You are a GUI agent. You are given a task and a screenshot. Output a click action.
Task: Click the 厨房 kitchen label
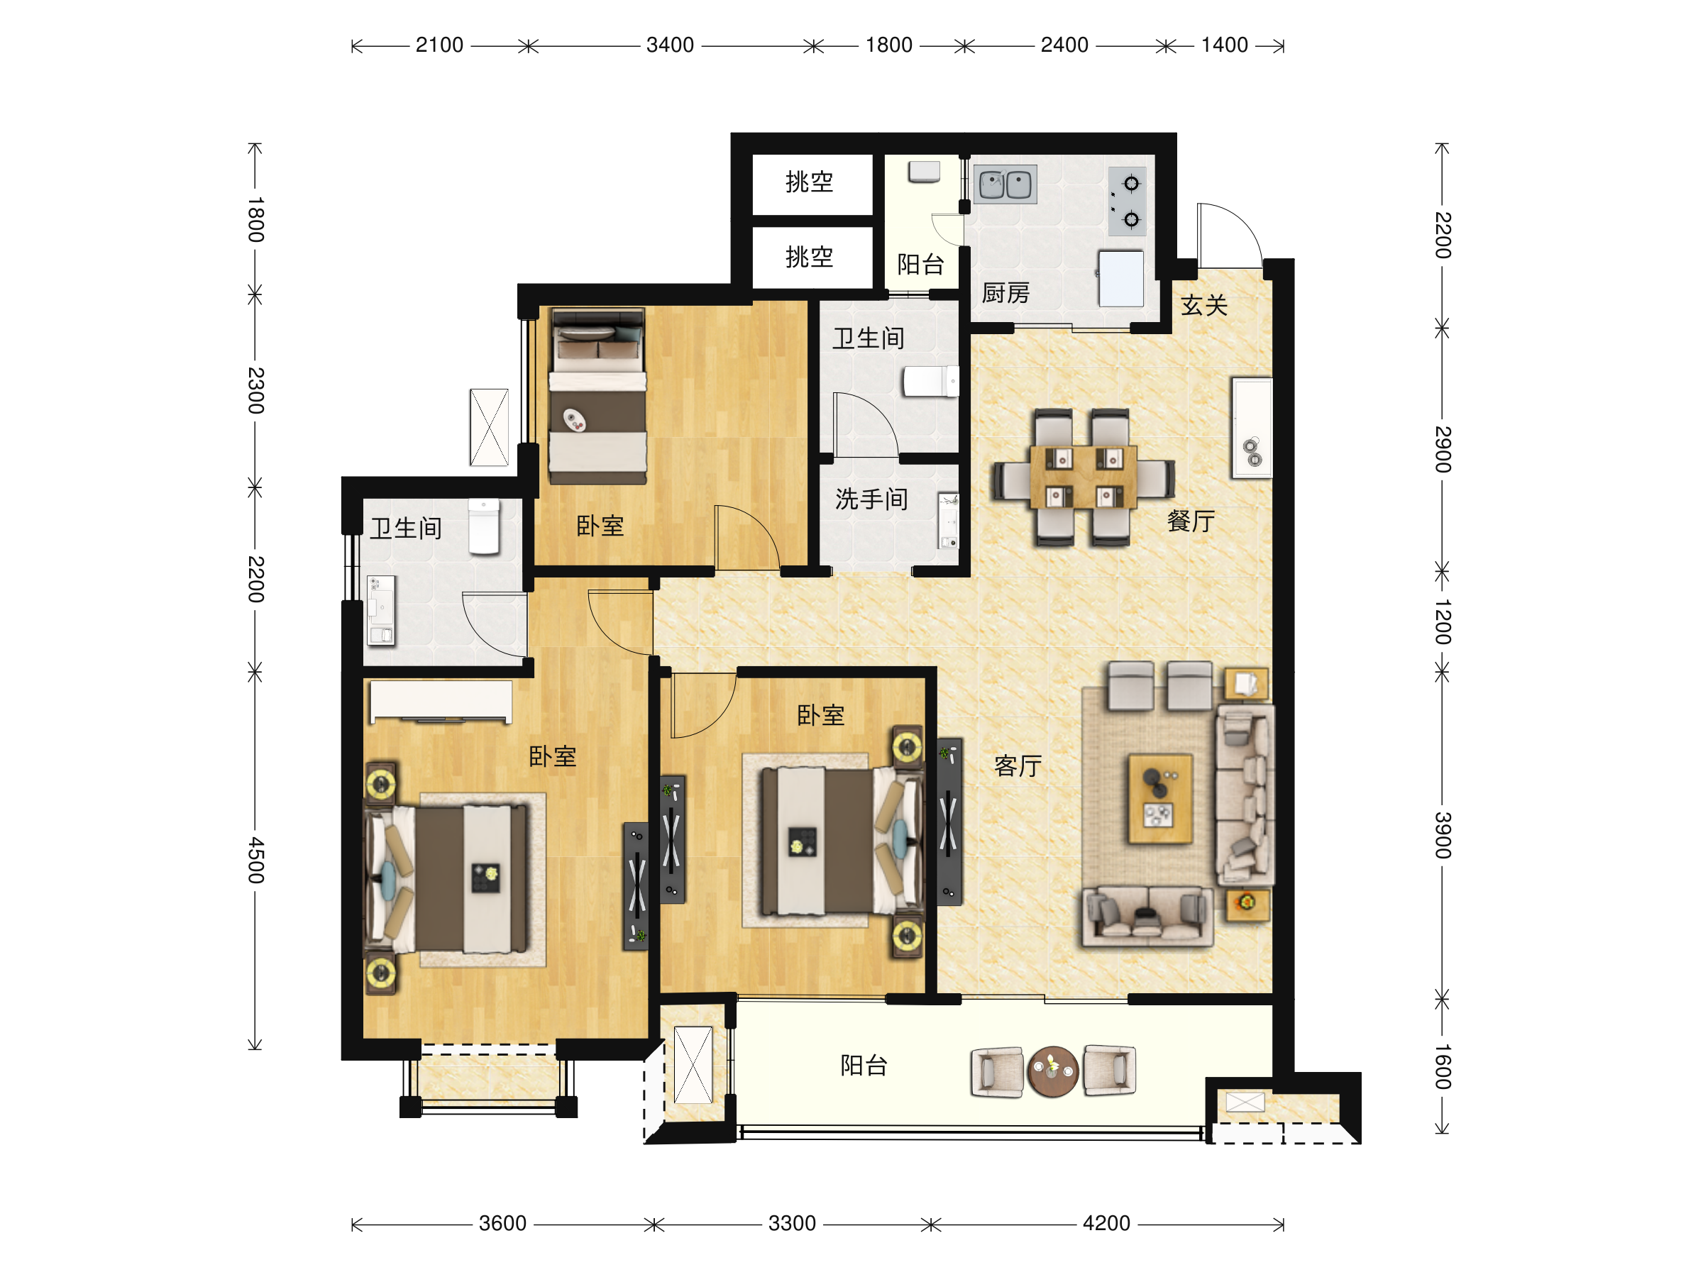[1005, 293]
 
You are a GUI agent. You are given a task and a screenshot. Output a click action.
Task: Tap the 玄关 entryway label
[1204, 306]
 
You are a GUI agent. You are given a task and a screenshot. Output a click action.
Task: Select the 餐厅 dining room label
[1191, 521]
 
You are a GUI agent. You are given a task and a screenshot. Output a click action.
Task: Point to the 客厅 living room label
[1018, 766]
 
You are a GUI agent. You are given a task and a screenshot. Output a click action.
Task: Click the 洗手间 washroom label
[871, 499]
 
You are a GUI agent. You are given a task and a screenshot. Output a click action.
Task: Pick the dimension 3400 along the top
[670, 45]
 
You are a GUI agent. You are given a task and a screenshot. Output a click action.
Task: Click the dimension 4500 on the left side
[255, 860]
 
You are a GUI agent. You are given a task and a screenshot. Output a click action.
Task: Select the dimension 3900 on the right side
[1443, 835]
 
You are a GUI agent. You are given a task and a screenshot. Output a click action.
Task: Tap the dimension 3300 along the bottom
[792, 1224]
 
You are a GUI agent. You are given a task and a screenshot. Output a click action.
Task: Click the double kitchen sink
[1005, 184]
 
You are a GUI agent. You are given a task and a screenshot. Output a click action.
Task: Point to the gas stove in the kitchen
[1127, 201]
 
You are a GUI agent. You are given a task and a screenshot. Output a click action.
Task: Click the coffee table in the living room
[1160, 799]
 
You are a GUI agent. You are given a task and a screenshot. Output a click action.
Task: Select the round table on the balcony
[1052, 1071]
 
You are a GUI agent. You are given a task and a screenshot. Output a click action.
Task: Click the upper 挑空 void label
[809, 182]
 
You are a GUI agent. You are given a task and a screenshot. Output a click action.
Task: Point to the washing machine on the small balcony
[924, 172]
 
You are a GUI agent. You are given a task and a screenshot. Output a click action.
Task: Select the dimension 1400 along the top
[1224, 45]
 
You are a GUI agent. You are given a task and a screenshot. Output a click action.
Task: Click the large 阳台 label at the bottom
[864, 1066]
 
